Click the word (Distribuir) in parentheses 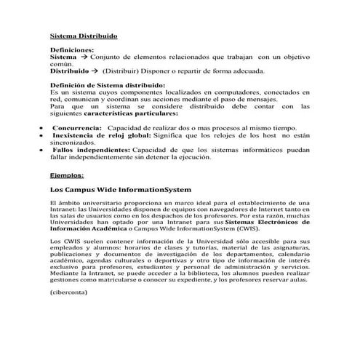121,71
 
